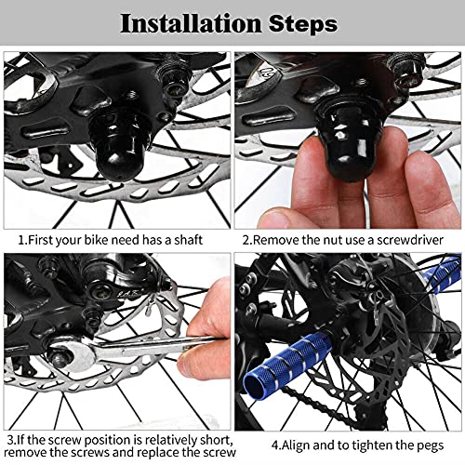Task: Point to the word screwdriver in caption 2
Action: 409,240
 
